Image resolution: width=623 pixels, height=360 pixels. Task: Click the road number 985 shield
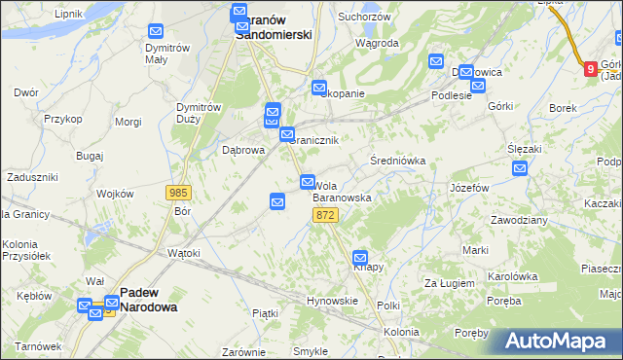[178, 194]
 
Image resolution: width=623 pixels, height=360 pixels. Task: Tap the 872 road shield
[326, 215]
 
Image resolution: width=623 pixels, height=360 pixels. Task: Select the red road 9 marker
[590, 68]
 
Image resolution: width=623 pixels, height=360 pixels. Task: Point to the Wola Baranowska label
[342, 191]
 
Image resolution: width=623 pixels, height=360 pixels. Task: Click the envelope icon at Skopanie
[319, 89]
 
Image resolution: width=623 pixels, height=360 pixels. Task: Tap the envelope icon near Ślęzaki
[520, 168]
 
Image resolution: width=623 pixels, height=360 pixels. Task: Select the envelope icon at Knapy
[360, 257]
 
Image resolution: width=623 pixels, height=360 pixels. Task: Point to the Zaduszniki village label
[32, 177]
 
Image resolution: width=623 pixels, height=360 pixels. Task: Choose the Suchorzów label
[363, 17]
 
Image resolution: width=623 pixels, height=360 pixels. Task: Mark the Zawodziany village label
[519, 220]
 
